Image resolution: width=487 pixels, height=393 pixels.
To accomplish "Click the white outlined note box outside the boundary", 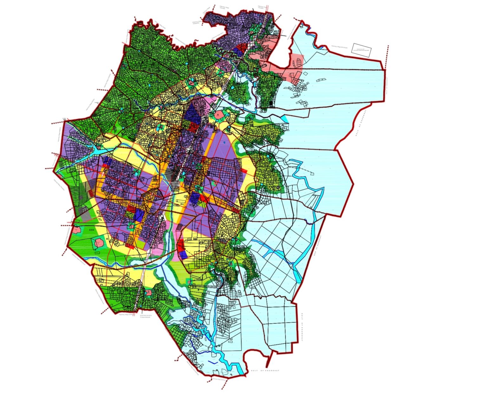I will pyautogui.click(x=362, y=50).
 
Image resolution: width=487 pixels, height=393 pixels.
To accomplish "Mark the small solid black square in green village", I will pyautogui.click(x=271, y=103).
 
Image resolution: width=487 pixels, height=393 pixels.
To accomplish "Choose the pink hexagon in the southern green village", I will pyautogui.click(x=149, y=292).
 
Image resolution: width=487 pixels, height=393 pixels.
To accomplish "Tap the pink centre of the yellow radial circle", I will pyautogui.click(x=191, y=83).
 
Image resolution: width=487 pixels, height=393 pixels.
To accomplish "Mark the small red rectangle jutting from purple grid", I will pyautogui.click(x=244, y=171).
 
